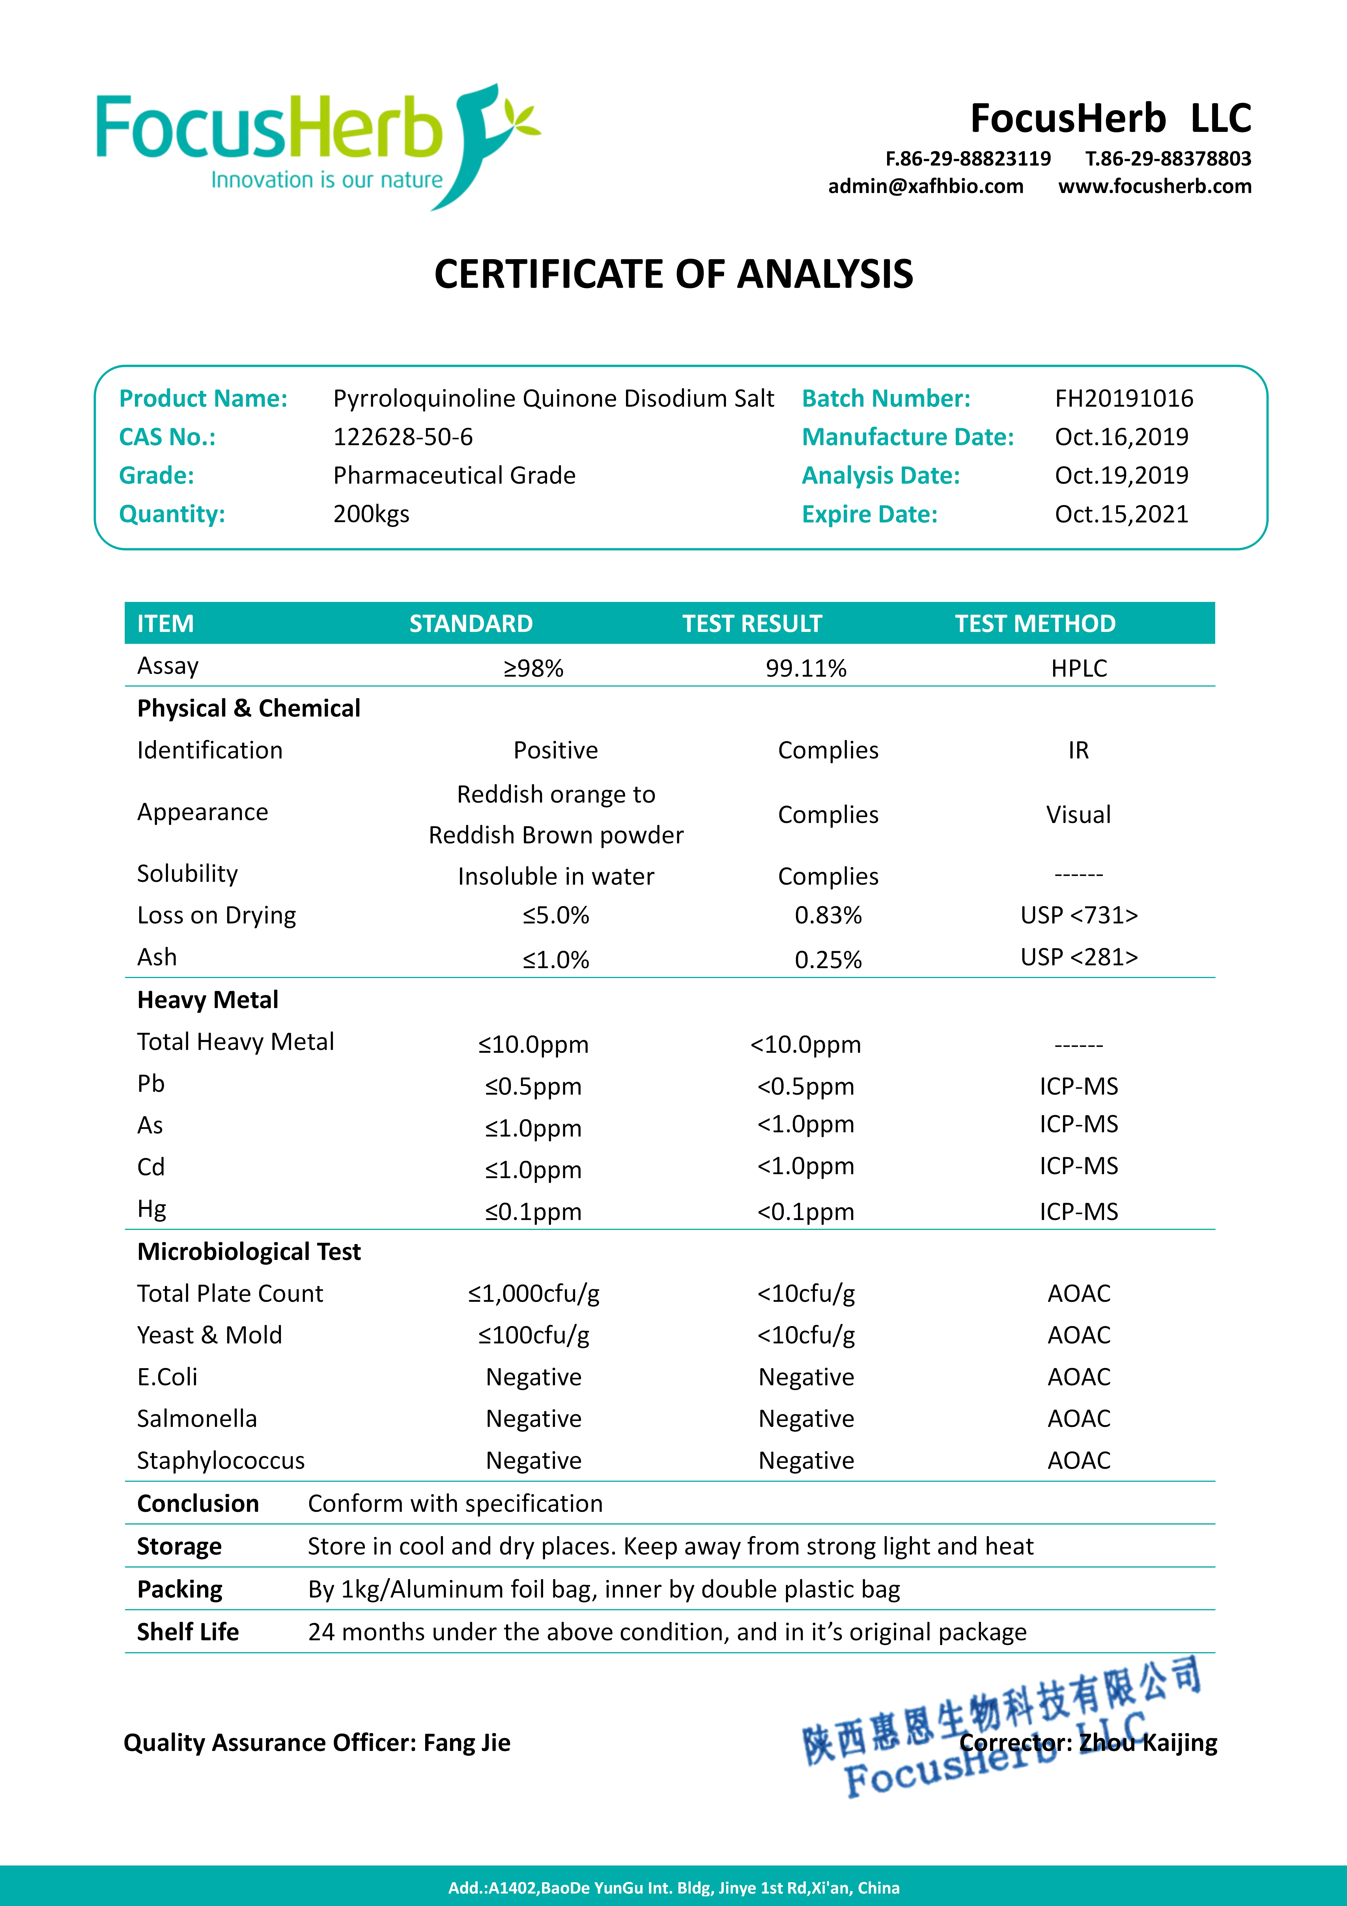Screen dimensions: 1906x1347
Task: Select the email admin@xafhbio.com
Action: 925,186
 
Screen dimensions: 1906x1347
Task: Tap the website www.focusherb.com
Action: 1154,186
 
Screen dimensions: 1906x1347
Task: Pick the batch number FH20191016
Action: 1124,398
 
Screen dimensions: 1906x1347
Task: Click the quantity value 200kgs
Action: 371,514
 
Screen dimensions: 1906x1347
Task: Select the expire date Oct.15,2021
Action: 1121,514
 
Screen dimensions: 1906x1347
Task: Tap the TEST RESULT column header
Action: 752,623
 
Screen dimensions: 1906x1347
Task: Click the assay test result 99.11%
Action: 806,668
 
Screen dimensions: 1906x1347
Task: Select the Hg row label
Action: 152,1209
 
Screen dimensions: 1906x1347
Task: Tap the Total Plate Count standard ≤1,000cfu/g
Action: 534,1293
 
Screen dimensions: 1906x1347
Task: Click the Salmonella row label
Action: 197,1419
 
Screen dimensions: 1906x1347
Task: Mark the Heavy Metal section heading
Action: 208,1000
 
